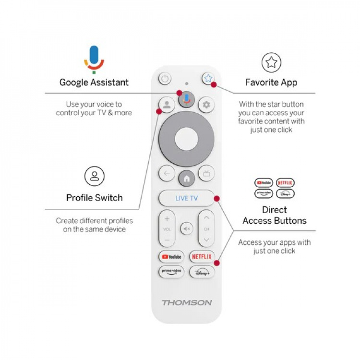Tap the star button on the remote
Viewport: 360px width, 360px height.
[207, 78]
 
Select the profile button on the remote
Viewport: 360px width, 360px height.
[167, 104]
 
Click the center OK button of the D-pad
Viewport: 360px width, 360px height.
[187, 140]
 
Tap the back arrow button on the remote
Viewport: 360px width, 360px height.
[167, 174]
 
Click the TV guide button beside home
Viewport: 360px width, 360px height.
[207, 174]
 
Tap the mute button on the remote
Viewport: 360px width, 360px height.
[187, 229]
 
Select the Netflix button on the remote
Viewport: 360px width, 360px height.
[202, 257]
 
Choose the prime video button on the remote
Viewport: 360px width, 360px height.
[171, 272]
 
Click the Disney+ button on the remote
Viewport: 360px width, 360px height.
[202, 272]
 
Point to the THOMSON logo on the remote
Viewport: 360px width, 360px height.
[187, 302]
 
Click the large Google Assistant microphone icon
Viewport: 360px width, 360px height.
[94, 59]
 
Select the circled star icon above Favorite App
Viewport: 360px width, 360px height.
[271, 62]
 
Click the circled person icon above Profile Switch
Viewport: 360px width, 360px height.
[95, 176]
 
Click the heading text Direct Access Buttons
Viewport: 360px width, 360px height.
[275, 216]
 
